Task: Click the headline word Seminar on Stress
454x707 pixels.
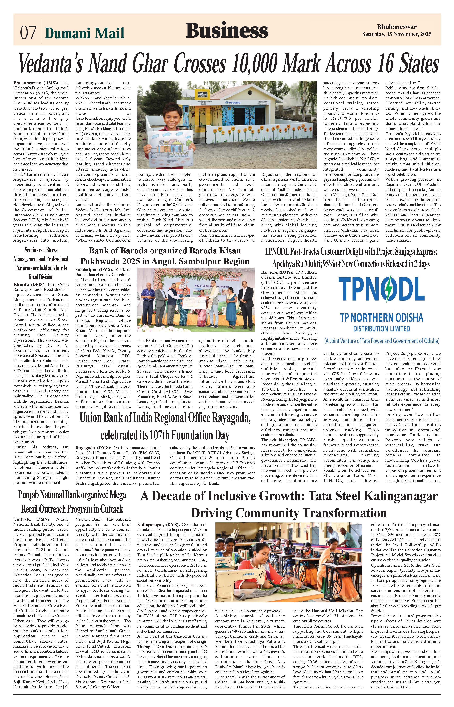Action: tap(41, 250)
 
